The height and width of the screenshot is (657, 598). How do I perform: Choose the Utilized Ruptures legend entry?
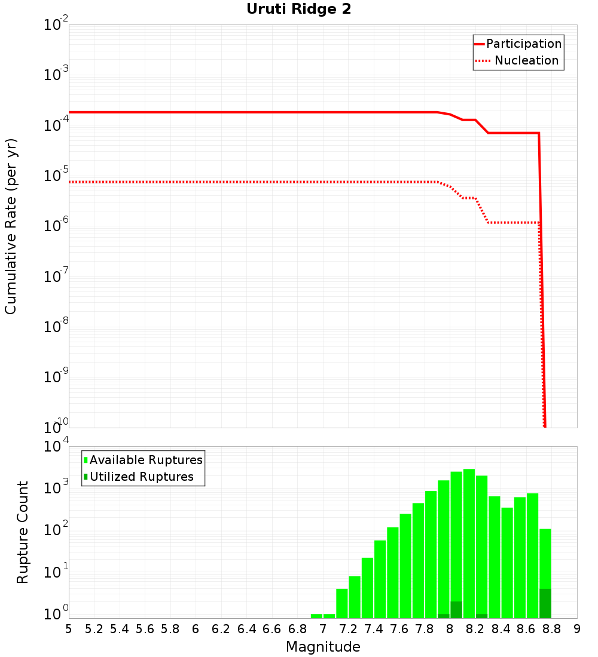pyautogui.click(x=141, y=477)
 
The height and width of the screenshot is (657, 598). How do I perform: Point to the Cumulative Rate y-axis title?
pyautogui.click(x=11, y=226)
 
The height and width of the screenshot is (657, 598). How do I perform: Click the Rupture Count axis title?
pyautogui.click(x=23, y=532)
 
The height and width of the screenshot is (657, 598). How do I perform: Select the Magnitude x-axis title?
pyautogui.click(x=323, y=647)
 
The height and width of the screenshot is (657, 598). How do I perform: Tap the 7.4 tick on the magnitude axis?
pyautogui.click(x=374, y=628)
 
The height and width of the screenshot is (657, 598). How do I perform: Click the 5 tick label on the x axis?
pyautogui.click(x=69, y=628)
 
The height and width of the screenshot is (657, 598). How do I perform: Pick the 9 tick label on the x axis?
pyautogui.click(x=577, y=628)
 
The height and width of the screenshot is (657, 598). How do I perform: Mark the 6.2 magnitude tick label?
pyautogui.click(x=221, y=628)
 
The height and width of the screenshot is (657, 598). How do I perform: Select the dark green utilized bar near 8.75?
pyautogui.click(x=545, y=603)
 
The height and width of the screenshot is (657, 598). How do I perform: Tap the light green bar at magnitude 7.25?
pyautogui.click(x=355, y=597)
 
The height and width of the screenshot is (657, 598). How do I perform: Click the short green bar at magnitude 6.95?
pyautogui.click(x=316, y=616)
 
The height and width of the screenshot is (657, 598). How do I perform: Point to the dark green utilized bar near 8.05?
pyautogui.click(x=456, y=610)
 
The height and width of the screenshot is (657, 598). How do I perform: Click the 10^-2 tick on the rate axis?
pyautogui.click(x=56, y=25)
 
